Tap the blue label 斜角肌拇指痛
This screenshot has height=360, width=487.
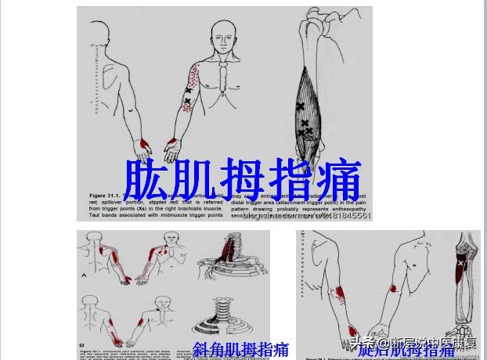coord(241,349)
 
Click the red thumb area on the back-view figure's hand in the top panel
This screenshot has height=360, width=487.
coord(144,146)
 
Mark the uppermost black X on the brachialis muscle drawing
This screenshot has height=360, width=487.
coord(300,106)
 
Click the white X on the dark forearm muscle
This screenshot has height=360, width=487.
coord(461,264)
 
